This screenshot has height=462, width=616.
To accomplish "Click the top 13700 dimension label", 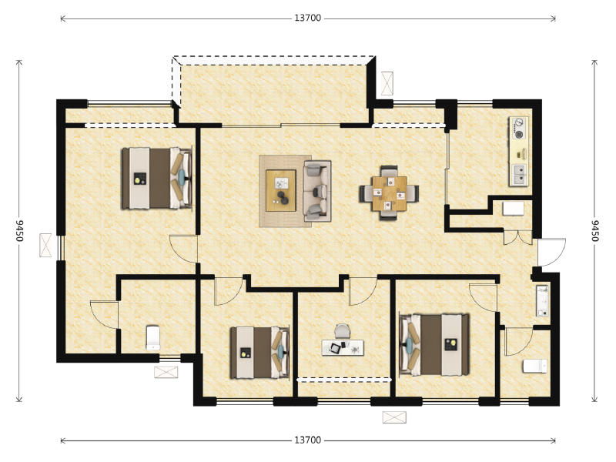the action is point(307,18).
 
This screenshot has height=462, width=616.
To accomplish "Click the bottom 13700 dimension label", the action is point(307,440).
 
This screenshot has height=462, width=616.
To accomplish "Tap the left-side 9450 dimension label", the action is point(19,230).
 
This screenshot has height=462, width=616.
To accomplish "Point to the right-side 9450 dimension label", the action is point(594,230).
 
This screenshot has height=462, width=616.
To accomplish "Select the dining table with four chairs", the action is point(389,193).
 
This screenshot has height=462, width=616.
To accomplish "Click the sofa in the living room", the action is point(317,191).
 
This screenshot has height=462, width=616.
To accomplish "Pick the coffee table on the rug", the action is point(280,190).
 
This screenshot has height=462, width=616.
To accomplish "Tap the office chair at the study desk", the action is point(342,331).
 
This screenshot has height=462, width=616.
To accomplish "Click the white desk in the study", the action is point(343,348).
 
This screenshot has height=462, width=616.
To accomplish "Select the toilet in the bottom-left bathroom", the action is point(152,337).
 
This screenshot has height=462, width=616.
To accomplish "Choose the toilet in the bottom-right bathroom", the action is point(534,367).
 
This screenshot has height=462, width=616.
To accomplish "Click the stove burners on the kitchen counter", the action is point(519,129).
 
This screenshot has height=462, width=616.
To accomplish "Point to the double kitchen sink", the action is point(519,175).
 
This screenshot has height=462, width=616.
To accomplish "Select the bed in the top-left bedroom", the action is point(157,178).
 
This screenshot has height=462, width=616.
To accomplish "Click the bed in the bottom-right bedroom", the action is point(434,344).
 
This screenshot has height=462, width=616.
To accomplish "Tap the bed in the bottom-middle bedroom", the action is point(260,353).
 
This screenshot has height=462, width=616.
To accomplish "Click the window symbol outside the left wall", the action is point(45,245).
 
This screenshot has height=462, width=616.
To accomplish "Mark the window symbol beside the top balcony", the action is point(387,83).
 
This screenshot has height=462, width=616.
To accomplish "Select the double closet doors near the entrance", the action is point(517,238).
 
